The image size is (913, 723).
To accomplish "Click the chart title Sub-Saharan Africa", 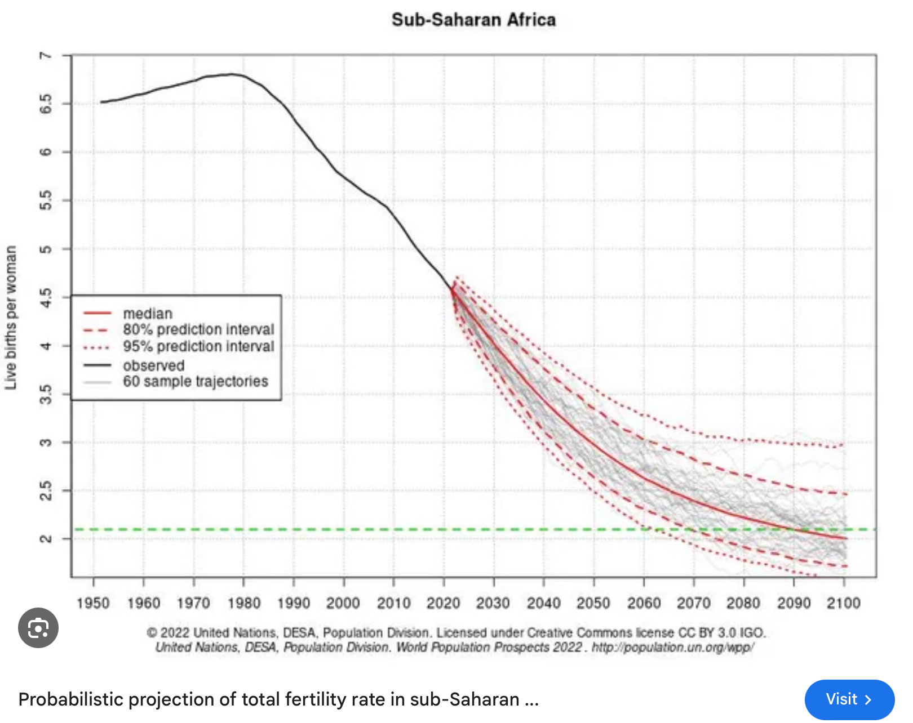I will click(x=473, y=20).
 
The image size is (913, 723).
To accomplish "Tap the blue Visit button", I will click(x=849, y=699).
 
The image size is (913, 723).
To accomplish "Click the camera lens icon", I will click(x=38, y=628).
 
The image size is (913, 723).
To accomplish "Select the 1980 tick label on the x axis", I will click(x=243, y=604).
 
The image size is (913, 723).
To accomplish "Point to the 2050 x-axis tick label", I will click(x=593, y=604).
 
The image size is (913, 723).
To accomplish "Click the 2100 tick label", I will click(x=843, y=604).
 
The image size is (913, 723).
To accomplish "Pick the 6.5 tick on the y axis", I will click(x=46, y=104).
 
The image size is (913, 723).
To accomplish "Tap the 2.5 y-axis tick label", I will click(x=46, y=490).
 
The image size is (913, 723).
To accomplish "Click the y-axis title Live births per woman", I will click(x=11, y=318).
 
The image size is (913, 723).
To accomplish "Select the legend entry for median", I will click(x=148, y=314).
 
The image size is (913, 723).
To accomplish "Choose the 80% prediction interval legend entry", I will click(x=198, y=329).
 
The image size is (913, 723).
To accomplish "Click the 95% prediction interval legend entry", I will click(x=198, y=346).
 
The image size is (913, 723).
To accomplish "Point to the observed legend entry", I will click(x=153, y=365).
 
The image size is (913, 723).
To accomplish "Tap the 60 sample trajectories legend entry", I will click(x=196, y=382).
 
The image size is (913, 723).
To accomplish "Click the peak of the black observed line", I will click(x=231, y=74).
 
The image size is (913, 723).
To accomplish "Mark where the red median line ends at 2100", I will click(x=846, y=538).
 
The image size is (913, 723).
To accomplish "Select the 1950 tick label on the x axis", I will click(x=93, y=604).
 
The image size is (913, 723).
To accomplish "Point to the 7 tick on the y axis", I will click(x=46, y=55).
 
